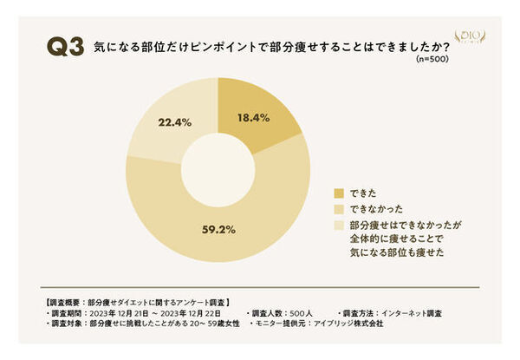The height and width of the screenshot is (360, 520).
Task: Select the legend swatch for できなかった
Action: pos(339,209)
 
